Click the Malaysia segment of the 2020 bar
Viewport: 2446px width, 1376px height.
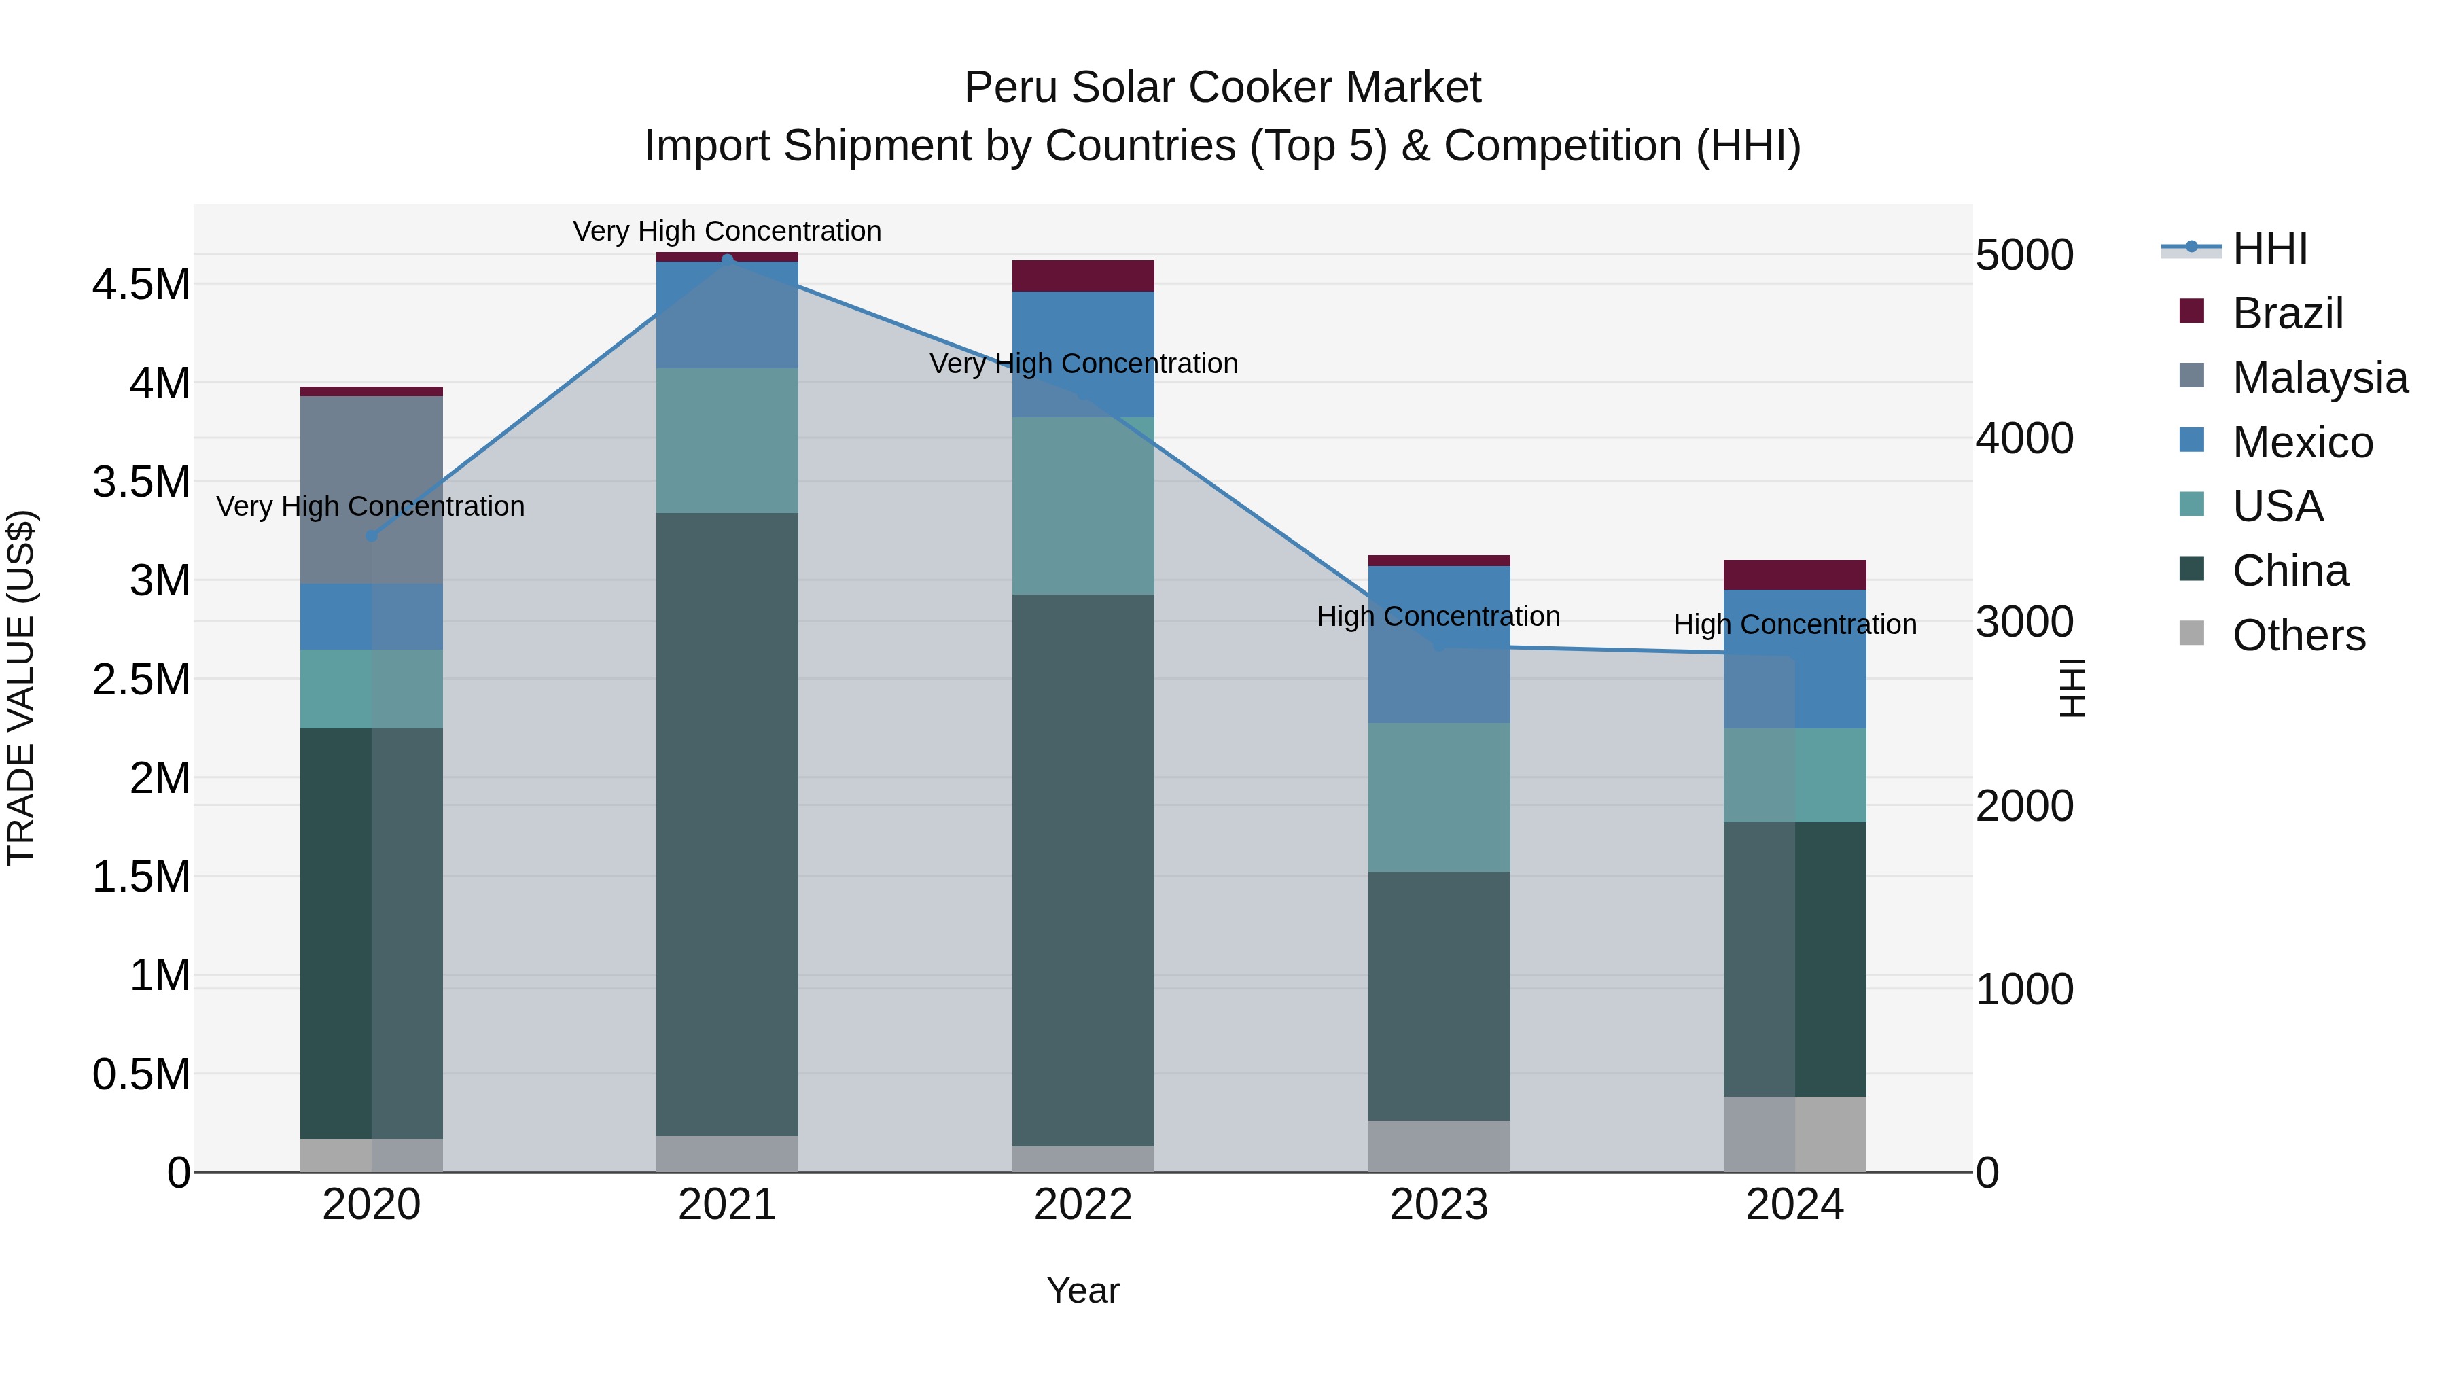pos(371,489)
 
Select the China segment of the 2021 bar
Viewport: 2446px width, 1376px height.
pos(727,824)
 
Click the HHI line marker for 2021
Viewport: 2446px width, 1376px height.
pos(727,260)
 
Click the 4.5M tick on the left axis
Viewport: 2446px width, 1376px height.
pos(141,285)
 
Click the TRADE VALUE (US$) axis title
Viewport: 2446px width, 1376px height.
pos(21,688)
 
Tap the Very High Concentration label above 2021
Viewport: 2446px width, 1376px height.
pos(726,231)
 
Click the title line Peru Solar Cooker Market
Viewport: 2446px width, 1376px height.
pos(1222,88)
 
